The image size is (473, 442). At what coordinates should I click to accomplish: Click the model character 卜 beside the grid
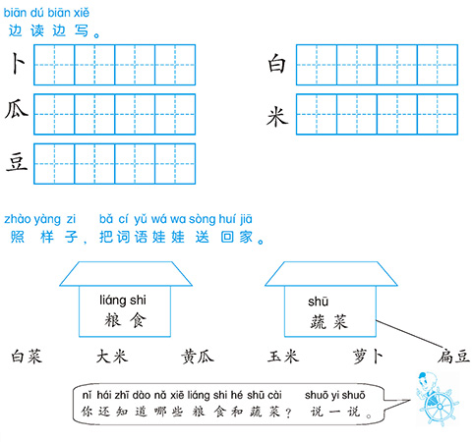coord(18,64)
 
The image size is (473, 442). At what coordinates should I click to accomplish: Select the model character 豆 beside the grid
coord(17,162)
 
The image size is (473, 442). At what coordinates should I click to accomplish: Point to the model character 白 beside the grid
coord(277,63)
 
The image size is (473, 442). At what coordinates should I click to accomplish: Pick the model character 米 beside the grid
coord(277,117)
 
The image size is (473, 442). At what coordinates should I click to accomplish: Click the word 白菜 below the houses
coord(27,357)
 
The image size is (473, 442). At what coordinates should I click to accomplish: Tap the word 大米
coord(112,357)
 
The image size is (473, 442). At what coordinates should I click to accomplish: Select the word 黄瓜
coord(198,357)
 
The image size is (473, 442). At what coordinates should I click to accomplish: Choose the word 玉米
coord(283,357)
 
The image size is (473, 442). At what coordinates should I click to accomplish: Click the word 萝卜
coord(368,357)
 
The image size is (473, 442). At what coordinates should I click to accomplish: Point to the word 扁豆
coord(453,357)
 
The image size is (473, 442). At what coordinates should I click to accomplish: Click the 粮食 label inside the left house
coord(126,320)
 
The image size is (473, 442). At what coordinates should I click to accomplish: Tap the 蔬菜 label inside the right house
coord(329,321)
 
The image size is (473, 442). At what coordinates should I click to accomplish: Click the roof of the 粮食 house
coord(126,274)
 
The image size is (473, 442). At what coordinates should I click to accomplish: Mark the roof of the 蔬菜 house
coord(331,274)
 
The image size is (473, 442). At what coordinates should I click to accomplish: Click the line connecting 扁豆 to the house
coord(409,333)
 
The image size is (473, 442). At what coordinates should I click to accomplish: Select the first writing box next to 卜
coord(54,65)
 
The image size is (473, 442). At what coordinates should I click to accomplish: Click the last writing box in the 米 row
coord(438,114)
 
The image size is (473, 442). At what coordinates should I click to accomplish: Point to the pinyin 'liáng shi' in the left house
coord(123,301)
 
